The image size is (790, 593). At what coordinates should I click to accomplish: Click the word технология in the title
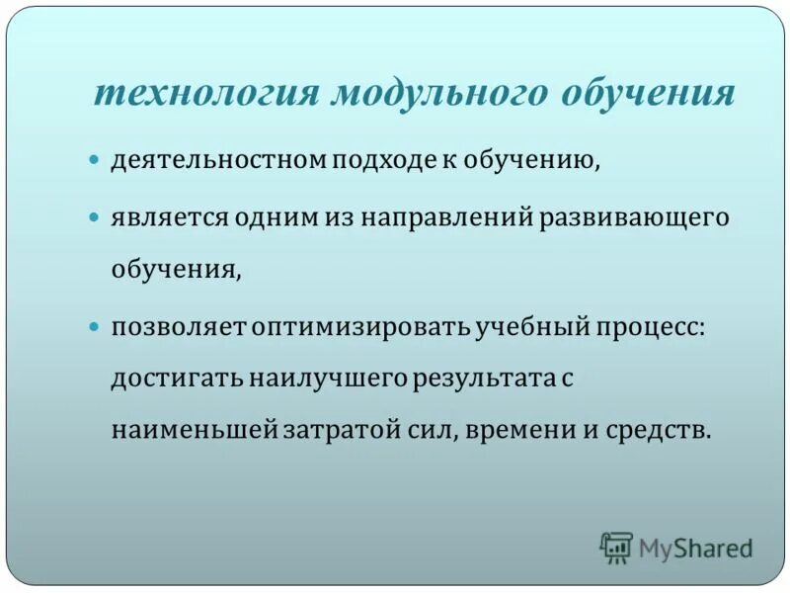pos(205,94)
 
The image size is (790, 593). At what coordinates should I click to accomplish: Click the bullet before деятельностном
pos(95,159)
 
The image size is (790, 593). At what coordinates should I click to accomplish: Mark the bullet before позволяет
pos(95,325)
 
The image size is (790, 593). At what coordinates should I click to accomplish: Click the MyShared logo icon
pos(616,547)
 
